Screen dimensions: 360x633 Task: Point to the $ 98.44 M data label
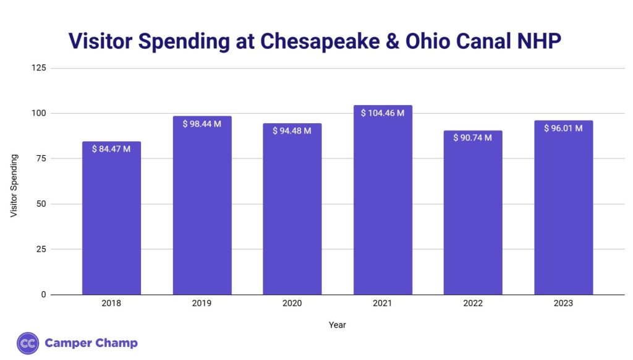202,124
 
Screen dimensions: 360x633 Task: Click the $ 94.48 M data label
292,130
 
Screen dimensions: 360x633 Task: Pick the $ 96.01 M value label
563,129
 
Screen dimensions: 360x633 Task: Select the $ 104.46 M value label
383,113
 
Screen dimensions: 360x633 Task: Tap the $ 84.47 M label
111,149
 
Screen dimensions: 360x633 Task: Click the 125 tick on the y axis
39,68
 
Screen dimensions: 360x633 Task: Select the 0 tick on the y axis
44,294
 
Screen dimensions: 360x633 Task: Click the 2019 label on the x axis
202,304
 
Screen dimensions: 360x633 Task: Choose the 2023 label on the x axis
563,304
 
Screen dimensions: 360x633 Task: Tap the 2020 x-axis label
292,304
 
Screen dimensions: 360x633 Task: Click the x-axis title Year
337,324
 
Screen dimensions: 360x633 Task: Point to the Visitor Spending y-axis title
14,186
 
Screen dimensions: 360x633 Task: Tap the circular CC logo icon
28,343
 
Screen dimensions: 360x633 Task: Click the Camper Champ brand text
91,343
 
